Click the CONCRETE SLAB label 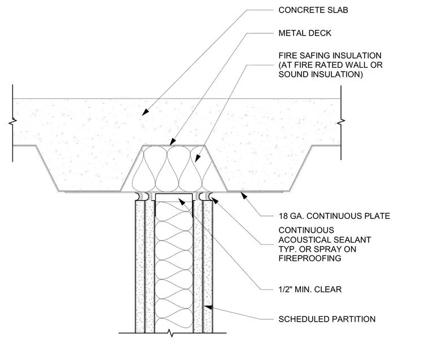click(x=313, y=10)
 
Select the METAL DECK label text click(x=305, y=33)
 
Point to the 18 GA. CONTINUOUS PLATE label click(x=334, y=216)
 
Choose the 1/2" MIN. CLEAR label click(x=310, y=289)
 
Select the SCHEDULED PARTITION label click(x=327, y=319)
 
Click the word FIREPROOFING click(x=310, y=258)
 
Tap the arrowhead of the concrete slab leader click(x=145, y=112)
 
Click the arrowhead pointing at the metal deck click(x=172, y=142)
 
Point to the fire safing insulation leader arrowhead click(x=198, y=159)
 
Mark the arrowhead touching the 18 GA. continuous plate click(x=243, y=195)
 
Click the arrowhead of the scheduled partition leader click(x=208, y=307)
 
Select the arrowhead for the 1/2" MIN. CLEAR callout click(x=181, y=201)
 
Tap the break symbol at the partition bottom click(x=171, y=333)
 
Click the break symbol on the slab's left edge click(x=12, y=122)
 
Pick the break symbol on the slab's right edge click(x=341, y=122)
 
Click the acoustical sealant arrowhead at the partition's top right click(x=215, y=200)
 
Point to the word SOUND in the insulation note click(x=292, y=74)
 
